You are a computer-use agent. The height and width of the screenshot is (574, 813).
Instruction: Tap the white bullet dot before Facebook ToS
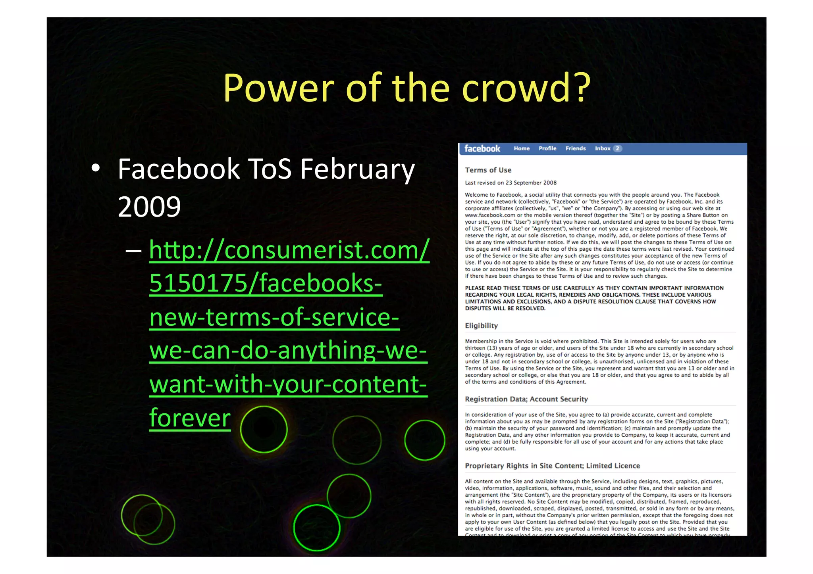point(95,168)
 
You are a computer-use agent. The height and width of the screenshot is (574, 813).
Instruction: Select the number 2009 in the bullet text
point(149,207)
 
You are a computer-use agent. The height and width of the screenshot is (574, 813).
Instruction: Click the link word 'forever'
point(190,418)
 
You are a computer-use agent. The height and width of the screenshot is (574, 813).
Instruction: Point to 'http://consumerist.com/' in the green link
point(289,250)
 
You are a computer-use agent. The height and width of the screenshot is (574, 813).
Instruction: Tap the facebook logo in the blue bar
point(482,149)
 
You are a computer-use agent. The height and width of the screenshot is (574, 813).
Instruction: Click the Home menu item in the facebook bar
point(522,148)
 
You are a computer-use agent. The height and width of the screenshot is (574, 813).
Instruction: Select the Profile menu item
point(547,148)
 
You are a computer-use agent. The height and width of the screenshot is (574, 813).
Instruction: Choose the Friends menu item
point(576,148)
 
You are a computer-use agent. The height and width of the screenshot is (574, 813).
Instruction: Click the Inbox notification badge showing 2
point(617,148)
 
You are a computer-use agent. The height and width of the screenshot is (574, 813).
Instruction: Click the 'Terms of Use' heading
point(488,170)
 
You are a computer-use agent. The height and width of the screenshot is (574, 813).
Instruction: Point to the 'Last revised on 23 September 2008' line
point(511,183)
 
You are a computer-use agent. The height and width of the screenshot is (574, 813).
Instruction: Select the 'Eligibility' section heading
point(481,326)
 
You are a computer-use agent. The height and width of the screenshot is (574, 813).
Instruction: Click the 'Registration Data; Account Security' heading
point(526,399)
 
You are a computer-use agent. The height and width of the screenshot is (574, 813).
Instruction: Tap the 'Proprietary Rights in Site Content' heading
point(552,466)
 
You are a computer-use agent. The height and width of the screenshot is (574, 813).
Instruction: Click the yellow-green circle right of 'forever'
point(264,430)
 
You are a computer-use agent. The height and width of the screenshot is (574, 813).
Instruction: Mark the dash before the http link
point(133,251)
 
